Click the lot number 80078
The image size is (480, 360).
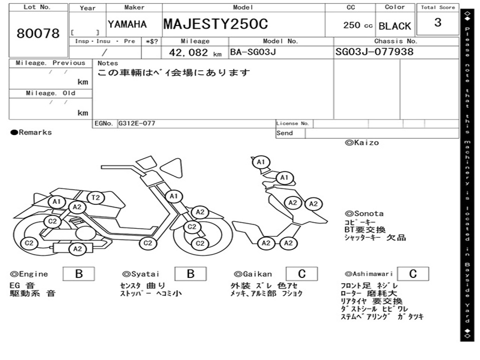(x=38, y=34)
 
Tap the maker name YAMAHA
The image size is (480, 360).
(x=127, y=24)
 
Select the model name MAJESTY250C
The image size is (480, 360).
(x=216, y=24)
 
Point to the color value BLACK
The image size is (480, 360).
(x=395, y=26)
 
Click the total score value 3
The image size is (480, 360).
(x=437, y=22)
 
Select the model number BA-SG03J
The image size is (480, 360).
(x=253, y=52)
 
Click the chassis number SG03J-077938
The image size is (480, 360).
(x=375, y=52)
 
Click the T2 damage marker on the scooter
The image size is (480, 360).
(x=95, y=198)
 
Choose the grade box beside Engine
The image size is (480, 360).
(x=79, y=274)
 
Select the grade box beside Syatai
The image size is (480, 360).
(x=190, y=274)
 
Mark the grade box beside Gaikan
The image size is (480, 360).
(x=302, y=274)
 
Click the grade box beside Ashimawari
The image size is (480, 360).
(x=412, y=274)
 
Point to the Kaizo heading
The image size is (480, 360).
(x=362, y=142)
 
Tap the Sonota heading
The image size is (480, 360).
(x=364, y=214)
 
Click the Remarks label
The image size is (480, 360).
(x=31, y=133)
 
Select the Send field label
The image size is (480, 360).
(x=285, y=133)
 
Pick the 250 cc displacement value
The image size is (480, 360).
(x=358, y=25)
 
